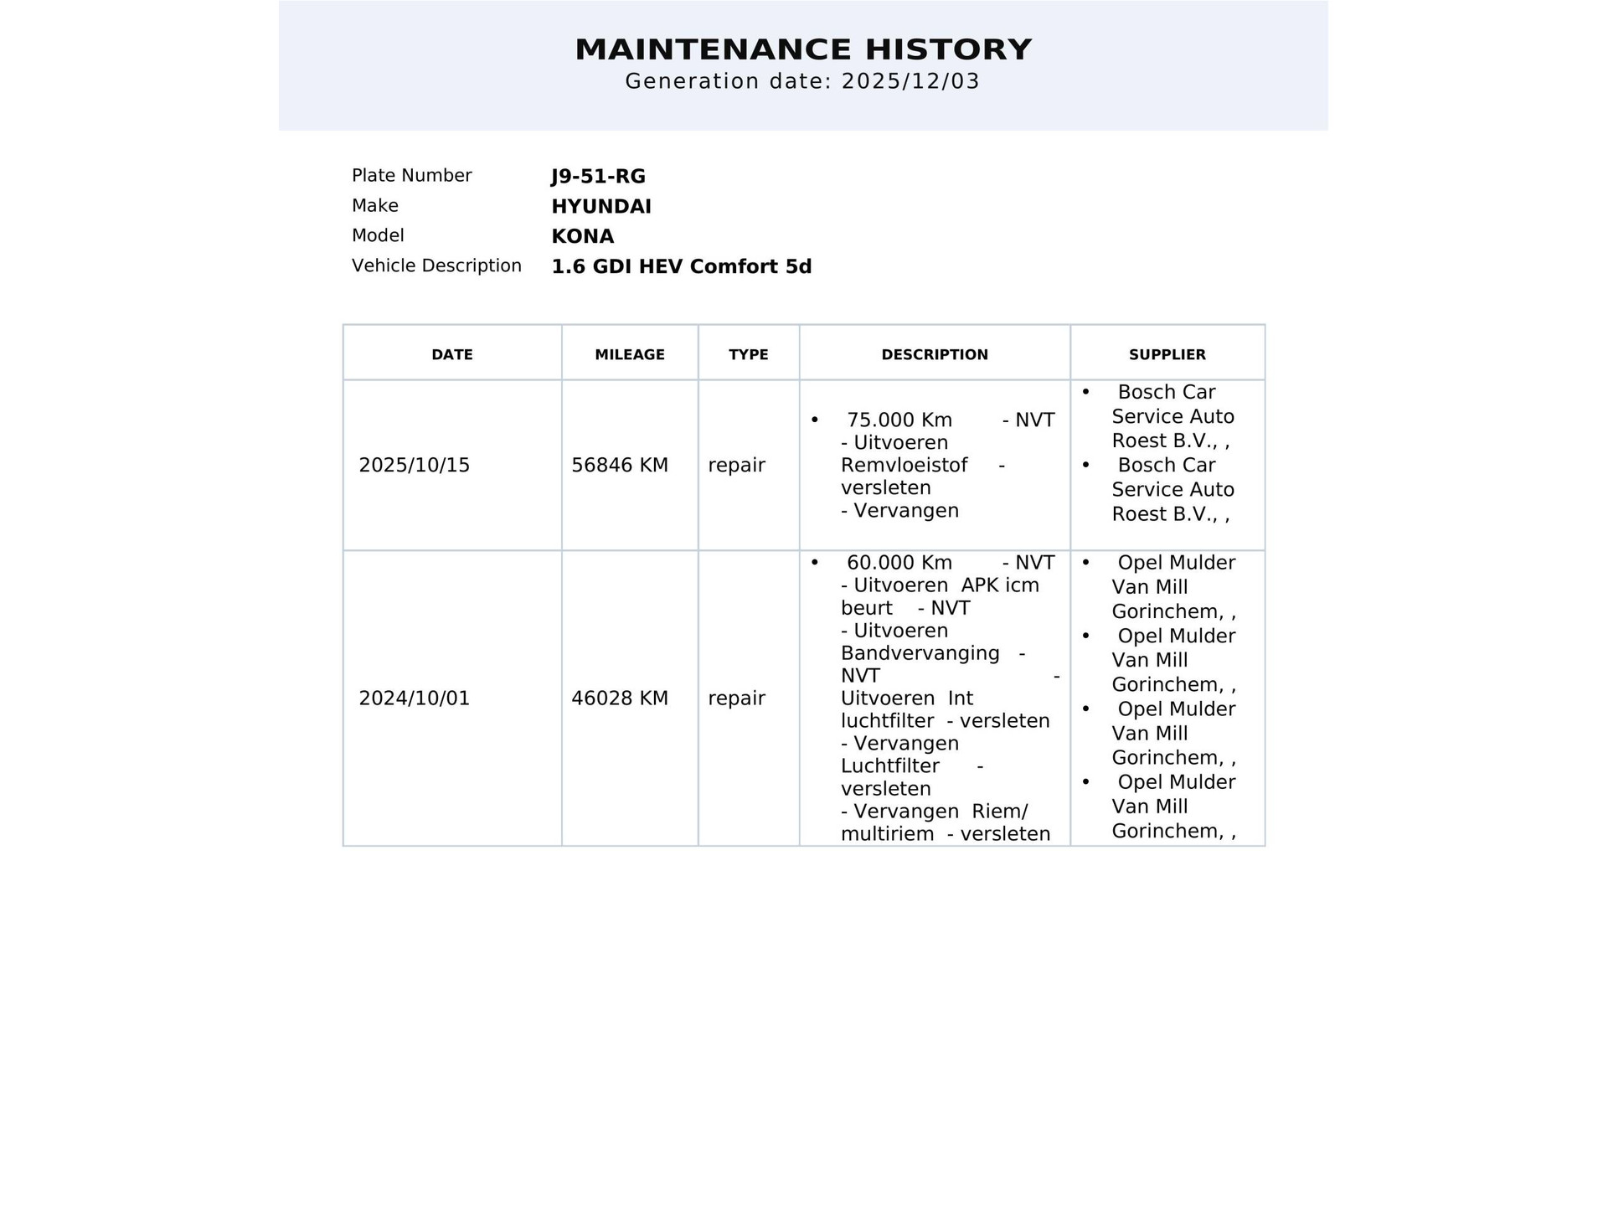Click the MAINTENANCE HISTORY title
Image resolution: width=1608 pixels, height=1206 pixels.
tap(803, 49)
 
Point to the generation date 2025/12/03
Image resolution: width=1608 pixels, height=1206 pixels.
tap(910, 81)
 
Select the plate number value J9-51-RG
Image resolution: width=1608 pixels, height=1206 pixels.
tap(598, 177)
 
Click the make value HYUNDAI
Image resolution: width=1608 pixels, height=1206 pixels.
tap(600, 207)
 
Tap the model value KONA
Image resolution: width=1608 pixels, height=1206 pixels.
tap(582, 237)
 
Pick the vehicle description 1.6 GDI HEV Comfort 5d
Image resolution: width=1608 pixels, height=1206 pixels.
tap(681, 267)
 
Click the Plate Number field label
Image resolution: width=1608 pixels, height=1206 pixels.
tap(411, 176)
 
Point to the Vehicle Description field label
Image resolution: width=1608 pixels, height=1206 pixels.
tap(436, 266)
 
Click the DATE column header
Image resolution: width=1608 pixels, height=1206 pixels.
tap(452, 355)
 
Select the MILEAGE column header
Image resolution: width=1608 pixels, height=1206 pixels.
tap(630, 355)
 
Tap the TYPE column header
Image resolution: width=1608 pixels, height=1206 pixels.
tap(748, 355)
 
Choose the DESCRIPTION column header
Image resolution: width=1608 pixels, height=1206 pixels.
tap(935, 355)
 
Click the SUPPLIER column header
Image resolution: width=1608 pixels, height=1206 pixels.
tap(1167, 355)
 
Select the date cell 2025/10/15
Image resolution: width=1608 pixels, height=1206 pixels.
tap(415, 466)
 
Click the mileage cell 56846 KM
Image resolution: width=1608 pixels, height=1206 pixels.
tap(620, 466)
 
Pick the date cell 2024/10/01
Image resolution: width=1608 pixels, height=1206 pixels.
tap(415, 698)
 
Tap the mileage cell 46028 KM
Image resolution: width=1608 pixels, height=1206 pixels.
tap(620, 698)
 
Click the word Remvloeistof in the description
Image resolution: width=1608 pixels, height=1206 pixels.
tap(904, 465)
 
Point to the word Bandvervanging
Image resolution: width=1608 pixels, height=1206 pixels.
tap(920, 653)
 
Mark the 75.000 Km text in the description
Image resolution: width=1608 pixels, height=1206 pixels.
tap(899, 420)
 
